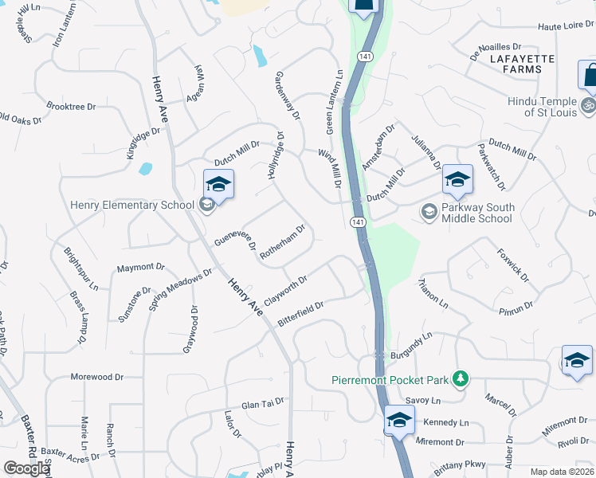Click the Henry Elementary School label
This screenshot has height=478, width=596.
[132, 205]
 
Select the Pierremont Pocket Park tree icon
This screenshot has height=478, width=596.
[459, 379]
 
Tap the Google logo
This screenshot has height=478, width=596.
[26, 468]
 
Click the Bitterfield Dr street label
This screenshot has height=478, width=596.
[301, 313]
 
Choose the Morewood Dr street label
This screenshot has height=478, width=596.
[97, 376]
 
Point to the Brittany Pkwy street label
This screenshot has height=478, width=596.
[459, 468]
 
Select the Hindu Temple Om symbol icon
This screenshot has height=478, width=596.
[589, 104]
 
